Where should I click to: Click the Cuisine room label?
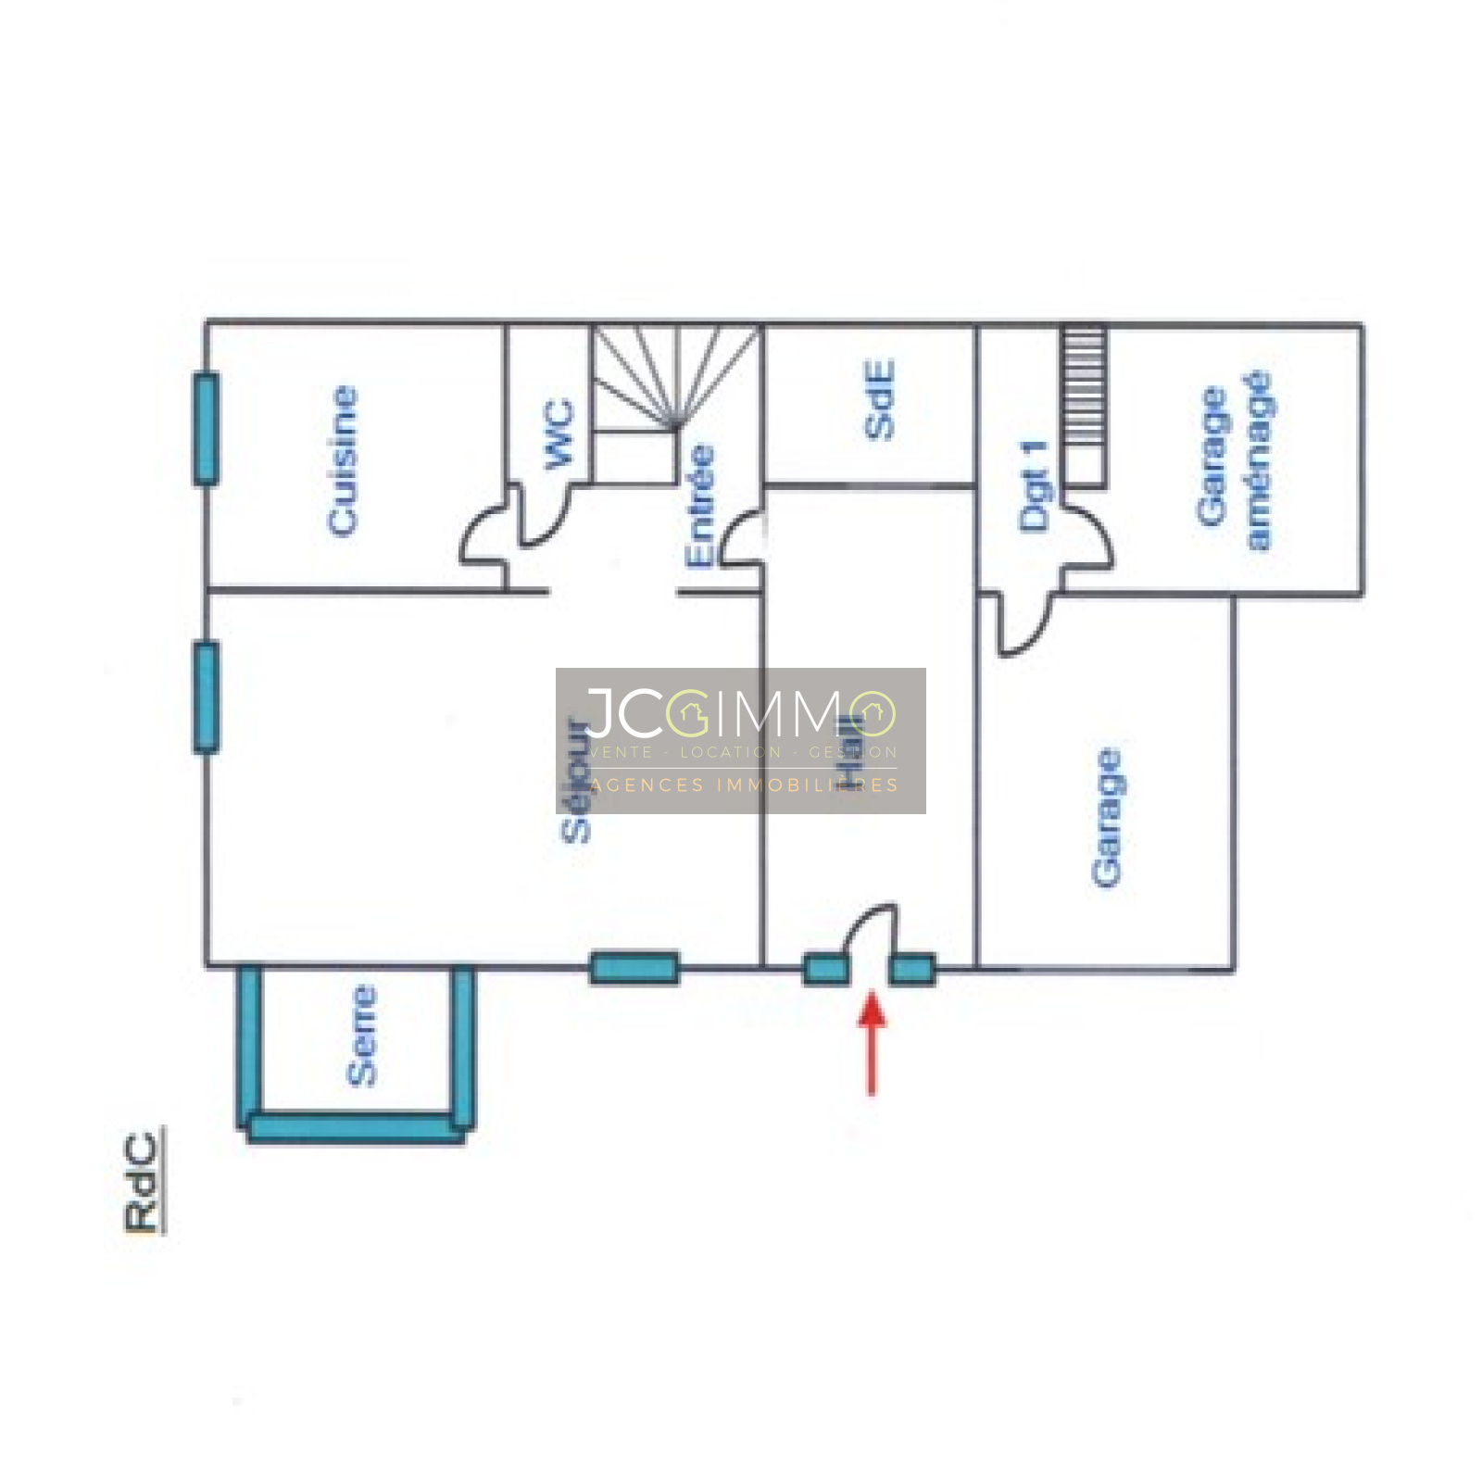(x=343, y=460)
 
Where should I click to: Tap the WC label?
(x=559, y=433)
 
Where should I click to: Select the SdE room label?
(x=879, y=400)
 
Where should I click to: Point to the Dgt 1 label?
(x=1035, y=485)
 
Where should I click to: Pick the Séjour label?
(x=576, y=780)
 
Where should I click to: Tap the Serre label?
(x=362, y=1035)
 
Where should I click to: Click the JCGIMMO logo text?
(x=740, y=713)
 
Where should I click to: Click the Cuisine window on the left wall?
(x=206, y=429)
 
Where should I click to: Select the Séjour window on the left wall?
(x=206, y=697)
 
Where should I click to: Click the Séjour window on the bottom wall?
(x=634, y=968)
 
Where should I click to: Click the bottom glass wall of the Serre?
(x=356, y=1127)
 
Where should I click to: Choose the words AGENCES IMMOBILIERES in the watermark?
(x=744, y=785)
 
